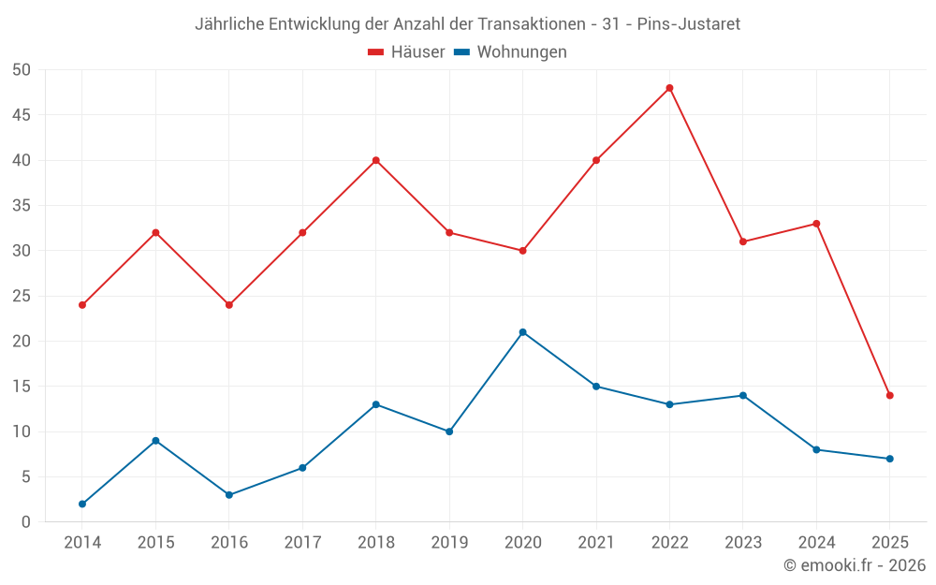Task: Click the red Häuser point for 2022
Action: pyautogui.click(x=669, y=88)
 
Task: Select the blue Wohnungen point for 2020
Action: pyautogui.click(x=522, y=332)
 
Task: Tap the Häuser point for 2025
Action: pyautogui.click(x=889, y=395)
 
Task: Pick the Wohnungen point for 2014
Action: pyautogui.click(x=82, y=504)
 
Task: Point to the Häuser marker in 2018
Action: pyautogui.click(x=375, y=160)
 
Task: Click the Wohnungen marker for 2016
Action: pyautogui.click(x=228, y=495)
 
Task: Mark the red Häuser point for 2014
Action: pyautogui.click(x=82, y=305)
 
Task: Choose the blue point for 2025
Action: pyautogui.click(x=889, y=459)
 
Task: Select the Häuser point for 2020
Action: pyautogui.click(x=522, y=251)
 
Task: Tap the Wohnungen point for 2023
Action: pyautogui.click(x=742, y=395)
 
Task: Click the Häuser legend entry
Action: pyautogui.click(x=406, y=52)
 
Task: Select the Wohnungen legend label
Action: pyautogui.click(x=521, y=52)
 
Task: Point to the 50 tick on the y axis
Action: pyautogui.click(x=22, y=70)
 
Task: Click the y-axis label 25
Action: pyautogui.click(x=22, y=296)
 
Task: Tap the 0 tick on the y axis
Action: pyautogui.click(x=26, y=522)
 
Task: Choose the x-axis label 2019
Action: pyautogui.click(x=449, y=543)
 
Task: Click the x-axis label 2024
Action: pyautogui.click(x=816, y=543)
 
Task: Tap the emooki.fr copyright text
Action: pyautogui.click(x=855, y=565)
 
